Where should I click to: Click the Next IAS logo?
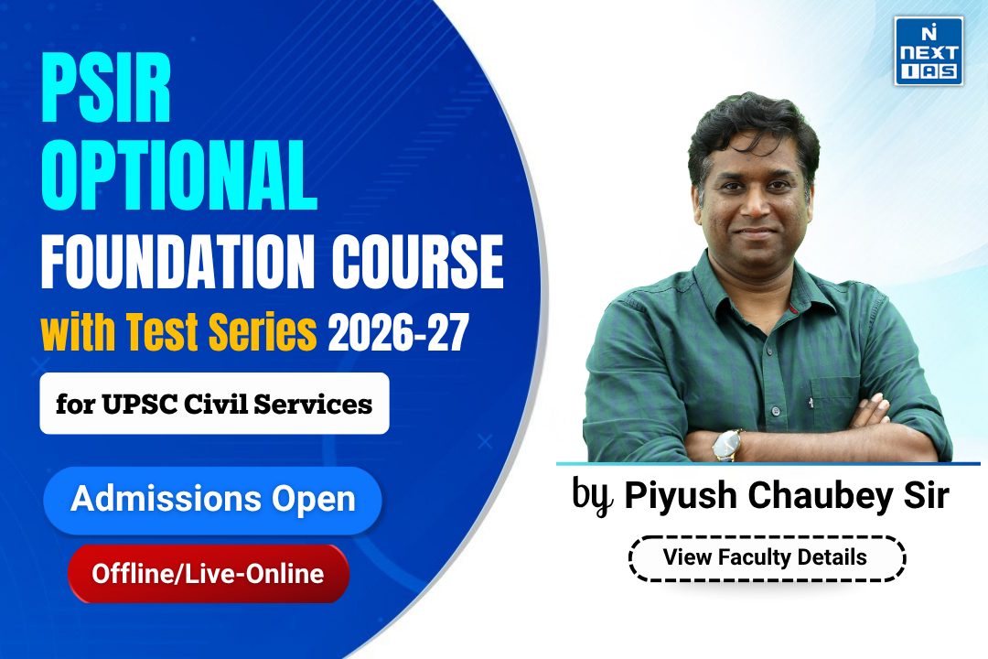(x=929, y=51)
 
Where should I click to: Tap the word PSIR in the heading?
(x=106, y=87)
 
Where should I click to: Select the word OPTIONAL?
(x=179, y=175)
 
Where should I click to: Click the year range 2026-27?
(x=398, y=332)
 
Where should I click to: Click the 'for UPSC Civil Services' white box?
(x=214, y=404)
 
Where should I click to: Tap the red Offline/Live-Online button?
(x=209, y=574)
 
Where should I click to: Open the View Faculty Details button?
(x=767, y=558)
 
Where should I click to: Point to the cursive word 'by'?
(x=592, y=496)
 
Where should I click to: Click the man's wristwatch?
(x=726, y=445)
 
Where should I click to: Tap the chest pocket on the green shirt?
(x=835, y=404)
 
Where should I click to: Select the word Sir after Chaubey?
(x=926, y=495)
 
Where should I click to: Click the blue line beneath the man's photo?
(x=768, y=463)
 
